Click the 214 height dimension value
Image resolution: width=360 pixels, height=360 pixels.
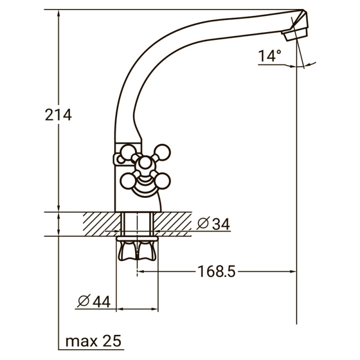(58, 115)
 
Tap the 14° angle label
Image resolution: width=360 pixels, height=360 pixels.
(269, 56)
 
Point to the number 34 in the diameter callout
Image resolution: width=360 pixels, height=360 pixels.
(220, 224)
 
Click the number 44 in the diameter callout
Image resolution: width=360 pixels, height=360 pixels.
(101, 301)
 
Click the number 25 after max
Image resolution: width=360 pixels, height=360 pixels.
(112, 341)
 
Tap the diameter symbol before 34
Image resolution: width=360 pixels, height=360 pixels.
(203, 224)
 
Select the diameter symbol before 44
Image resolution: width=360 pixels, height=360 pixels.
(84, 301)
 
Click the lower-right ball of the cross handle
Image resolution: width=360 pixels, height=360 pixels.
(163, 181)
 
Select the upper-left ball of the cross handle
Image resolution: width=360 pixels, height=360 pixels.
(129, 152)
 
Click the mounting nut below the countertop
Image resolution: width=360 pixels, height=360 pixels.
(137, 250)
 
